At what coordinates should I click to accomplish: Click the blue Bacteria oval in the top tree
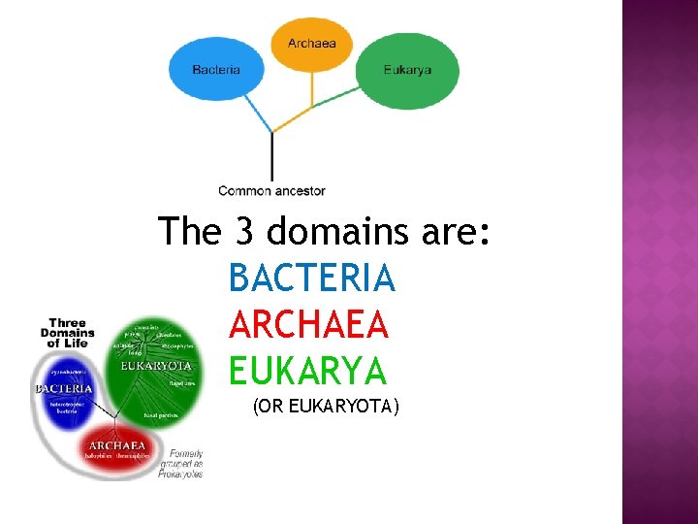[216, 69]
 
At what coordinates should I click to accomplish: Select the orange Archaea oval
[311, 43]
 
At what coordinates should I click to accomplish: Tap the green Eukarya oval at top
[407, 69]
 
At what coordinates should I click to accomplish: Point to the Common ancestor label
[271, 191]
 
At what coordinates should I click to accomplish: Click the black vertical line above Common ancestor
[272, 155]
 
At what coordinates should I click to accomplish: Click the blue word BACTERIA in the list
[312, 279]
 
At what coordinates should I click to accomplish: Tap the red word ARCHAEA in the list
[309, 325]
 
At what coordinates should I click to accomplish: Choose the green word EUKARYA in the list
[307, 371]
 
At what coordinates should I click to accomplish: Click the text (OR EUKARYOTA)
[326, 408]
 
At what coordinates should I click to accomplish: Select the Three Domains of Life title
[68, 333]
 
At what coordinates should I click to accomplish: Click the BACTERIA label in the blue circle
[64, 389]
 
